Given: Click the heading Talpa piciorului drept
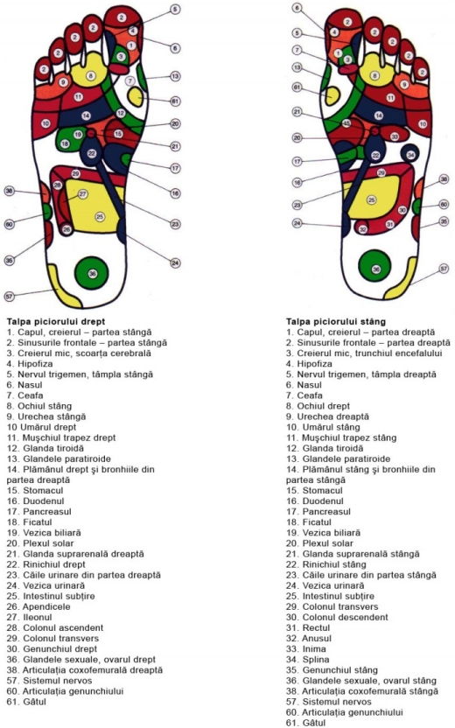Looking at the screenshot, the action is [56, 321].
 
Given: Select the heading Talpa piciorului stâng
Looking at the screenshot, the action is [336, 321].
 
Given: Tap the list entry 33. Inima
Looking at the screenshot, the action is [306, 648].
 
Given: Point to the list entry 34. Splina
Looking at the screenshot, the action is [307, 659].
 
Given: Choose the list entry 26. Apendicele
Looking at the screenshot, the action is [38, 606].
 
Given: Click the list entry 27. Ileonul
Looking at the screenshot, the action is [29, 617].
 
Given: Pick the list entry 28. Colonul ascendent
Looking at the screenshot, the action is [55, 627].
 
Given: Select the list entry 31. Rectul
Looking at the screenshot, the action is [308, 627].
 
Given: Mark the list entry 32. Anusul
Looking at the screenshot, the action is [309, 639].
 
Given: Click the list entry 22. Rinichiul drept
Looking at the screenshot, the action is [46, 564].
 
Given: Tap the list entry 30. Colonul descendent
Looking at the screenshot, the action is [337, 617].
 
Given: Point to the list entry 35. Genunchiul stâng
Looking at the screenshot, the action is [332, 670].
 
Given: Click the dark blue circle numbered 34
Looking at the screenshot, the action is [410, 154].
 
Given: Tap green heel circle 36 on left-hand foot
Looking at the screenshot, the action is [92, 273].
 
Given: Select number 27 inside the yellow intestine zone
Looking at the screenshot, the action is [82, 193].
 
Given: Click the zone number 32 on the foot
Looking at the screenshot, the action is [363, 229].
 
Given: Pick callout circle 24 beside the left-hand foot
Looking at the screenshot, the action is [175, 263].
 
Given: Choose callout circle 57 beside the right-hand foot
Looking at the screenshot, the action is [444, 269].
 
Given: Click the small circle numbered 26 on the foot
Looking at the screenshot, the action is [66, 229].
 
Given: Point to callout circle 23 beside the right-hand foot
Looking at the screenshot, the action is [297, 205].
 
